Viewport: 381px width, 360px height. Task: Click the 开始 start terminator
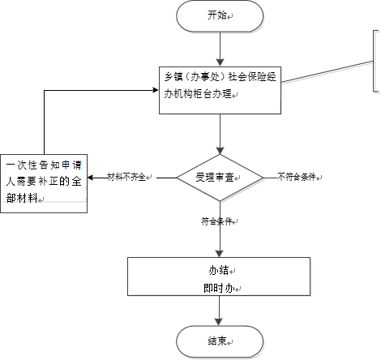[220, 15]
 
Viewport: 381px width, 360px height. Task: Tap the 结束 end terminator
[220, 341]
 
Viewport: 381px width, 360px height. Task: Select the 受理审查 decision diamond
[220, 178]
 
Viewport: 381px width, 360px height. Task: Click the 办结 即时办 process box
[219, 276]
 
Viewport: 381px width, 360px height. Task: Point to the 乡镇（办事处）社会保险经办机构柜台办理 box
[220, 90]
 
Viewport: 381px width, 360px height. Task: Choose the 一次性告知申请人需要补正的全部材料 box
[44, 183]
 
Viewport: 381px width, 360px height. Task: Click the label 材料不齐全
[126, 178]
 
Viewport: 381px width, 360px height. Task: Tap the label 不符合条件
[297, 177]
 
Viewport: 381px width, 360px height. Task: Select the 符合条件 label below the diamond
[216, 221]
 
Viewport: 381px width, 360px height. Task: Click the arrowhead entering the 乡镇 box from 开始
[220, 62]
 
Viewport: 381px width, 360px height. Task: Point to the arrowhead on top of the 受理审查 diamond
[220, 151]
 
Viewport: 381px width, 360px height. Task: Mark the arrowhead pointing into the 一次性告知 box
[91, 178]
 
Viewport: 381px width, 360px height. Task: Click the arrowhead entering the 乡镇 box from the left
[156, 90]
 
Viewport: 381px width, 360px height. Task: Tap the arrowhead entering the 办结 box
[219, 253]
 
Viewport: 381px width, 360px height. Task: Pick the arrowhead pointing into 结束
[219, 322]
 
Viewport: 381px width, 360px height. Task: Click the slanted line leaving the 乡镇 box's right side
[327, 71]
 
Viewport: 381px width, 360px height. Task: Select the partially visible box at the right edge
[377, 62]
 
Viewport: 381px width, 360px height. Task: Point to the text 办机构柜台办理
[198, 94]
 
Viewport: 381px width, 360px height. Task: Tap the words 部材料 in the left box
[22, 198]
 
